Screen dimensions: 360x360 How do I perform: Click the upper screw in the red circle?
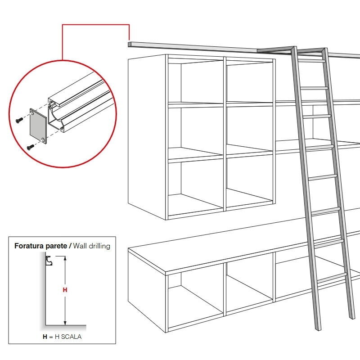[x=19, y=120]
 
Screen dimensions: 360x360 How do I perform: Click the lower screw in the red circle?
[x=31, y=147]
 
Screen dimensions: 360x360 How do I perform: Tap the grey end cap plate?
[x=38, y=126]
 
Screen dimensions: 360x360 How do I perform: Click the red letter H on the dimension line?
[x=65, y=290]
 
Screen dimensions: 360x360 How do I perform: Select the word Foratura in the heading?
[x=29, y=246]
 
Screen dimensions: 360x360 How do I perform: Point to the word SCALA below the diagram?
[x=71, y=337]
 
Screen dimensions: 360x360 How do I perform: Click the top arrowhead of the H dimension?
[x=65, y=258]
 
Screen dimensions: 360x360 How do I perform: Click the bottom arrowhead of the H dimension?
[x=65, y=323]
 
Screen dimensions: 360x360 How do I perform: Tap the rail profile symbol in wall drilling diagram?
[x=49, y=261]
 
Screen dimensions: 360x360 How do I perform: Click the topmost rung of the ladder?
[x=311, y=61]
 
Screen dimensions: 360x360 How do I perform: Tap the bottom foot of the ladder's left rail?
[x=319, y=328]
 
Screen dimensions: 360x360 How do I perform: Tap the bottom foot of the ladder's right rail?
[x=352, y=316]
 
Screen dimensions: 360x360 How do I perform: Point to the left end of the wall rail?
[x=129, y=44]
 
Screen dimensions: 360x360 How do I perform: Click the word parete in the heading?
[x=57, y=246]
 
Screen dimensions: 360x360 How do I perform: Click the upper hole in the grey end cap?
[x=32, y=112]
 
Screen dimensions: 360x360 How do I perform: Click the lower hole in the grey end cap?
[x=43, y=139]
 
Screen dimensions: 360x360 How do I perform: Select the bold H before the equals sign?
[x=45, y=337]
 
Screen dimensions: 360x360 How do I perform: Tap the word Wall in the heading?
[x=80, y=246]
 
